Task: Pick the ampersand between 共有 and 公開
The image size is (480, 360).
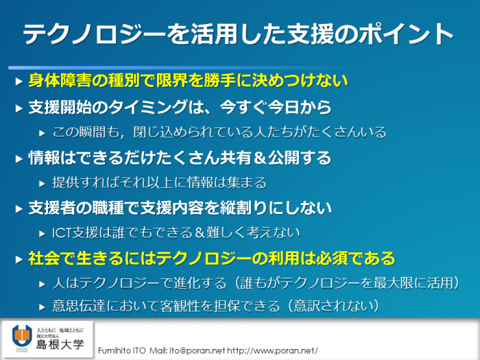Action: pyautogui.click(x=259, y=158)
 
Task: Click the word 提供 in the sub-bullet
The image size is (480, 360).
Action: pyautogui.click(x=65, y=183)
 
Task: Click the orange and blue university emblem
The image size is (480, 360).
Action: pyautogui.click(x=22, y=337)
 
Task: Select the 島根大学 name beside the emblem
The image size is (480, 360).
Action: pyautogui.click(x=60, y=345)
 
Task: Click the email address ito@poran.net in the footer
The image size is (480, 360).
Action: pyautogui.click(x=197, y=351)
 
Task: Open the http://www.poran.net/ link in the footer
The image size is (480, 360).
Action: pyautogui.click(x=272, y=351)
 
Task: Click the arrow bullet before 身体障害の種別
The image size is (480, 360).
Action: pyautogui.click(x=19, y=82)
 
